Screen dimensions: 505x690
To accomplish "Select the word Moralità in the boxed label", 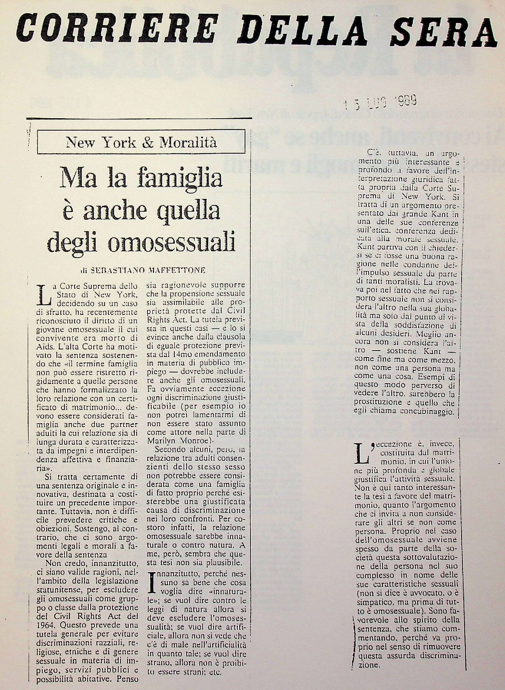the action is (x=188, y=142).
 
